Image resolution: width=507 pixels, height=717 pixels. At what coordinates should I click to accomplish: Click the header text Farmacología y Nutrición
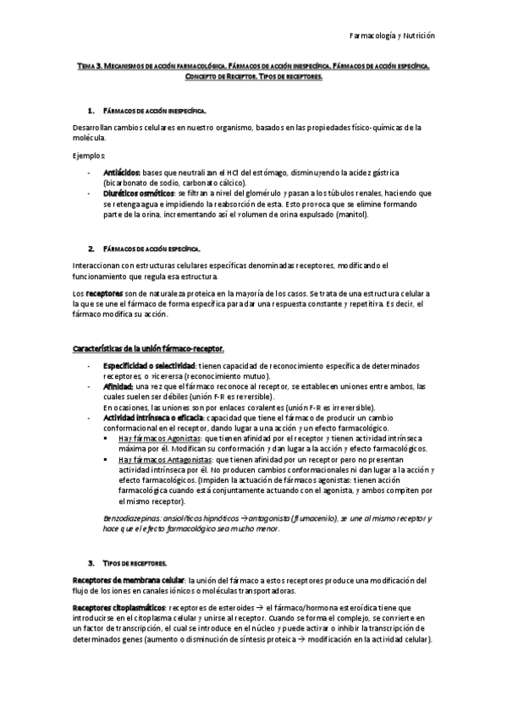(392, 36)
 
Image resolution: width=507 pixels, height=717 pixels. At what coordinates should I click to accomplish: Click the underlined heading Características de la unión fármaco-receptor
(148, 348)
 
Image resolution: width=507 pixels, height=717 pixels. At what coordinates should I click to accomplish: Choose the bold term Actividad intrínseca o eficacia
(153, 418)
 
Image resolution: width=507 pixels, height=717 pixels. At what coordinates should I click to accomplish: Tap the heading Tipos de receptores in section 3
(135, 562)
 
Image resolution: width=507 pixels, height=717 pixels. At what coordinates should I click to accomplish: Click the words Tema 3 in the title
(88, 65)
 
